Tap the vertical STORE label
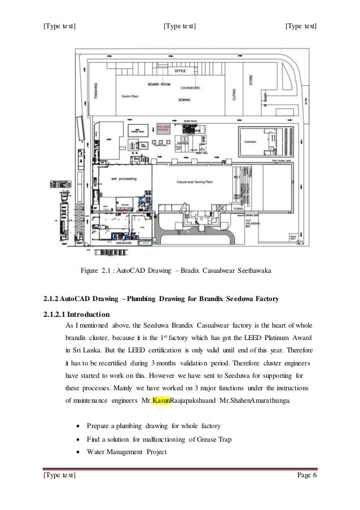251,80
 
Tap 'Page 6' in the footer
306,480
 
